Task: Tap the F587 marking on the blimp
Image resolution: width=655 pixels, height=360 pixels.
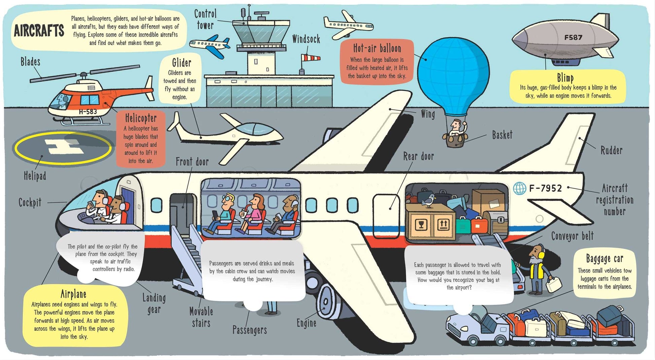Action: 573,37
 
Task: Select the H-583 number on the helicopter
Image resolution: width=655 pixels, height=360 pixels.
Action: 88,112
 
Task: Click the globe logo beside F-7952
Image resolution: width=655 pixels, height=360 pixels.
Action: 519,188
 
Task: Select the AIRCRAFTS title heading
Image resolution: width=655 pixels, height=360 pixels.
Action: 39,31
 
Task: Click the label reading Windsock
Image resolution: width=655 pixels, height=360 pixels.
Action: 306,39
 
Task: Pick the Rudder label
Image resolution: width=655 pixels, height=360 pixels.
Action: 611,150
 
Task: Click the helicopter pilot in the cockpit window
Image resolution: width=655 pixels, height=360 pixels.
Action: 63,100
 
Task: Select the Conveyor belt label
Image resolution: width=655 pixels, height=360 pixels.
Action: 572,236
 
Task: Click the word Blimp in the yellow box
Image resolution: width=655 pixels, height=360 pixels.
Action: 565,78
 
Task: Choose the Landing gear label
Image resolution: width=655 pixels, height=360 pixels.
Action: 154,303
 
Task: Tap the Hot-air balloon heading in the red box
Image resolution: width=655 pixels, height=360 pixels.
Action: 377,48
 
